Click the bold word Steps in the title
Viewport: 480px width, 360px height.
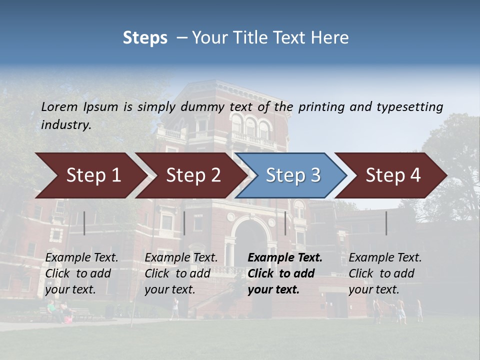pos(145,37)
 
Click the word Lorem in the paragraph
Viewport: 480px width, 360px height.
pos(58,106)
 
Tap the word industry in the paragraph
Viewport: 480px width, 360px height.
pos(65,125)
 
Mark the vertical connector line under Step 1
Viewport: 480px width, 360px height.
pos(84,223)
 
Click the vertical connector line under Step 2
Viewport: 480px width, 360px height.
pos(184,223)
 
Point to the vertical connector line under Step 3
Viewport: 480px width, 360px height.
pos(285,223)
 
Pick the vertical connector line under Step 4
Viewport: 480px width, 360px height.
pos(386,223)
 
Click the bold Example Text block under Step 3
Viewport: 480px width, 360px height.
pos(284,273)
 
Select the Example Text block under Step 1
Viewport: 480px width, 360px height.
pos(81,273)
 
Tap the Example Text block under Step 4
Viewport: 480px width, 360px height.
pos(384,273)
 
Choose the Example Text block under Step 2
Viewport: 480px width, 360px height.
pos(181,273)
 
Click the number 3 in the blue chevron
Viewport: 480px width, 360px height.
pos(315,175)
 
